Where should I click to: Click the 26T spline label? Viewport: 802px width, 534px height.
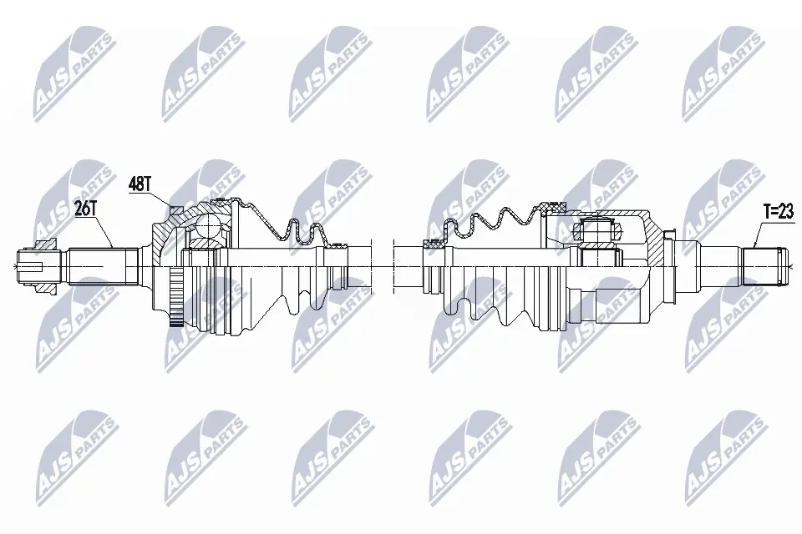coord(85,209)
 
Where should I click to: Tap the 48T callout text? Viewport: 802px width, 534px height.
coord(140,184)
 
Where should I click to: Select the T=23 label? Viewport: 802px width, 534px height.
coord(779,212)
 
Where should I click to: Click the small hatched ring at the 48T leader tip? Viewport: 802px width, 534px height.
coord(175,209)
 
